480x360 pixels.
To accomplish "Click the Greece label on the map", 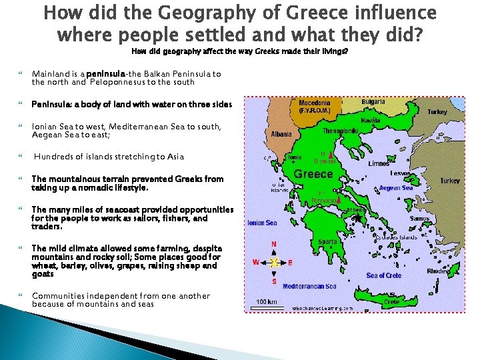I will tap(313, 174).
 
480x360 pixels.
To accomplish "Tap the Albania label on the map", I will tap(281, 134).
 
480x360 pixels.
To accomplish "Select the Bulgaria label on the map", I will tap(374, 103).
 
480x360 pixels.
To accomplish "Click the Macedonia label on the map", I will tap(313, 103).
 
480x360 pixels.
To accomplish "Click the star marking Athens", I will tap(357, 217).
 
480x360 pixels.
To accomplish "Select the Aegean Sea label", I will tap(396, 188).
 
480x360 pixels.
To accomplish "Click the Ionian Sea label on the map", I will tap(262, 223).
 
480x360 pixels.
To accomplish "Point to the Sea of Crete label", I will tap(384, 275).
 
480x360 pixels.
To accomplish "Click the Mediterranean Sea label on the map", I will tap(309, 286).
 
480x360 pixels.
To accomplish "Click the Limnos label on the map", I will tap(379, 163).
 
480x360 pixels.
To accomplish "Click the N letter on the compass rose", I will tap(273, 244).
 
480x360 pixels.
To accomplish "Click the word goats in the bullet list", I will tap(43, 274).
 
